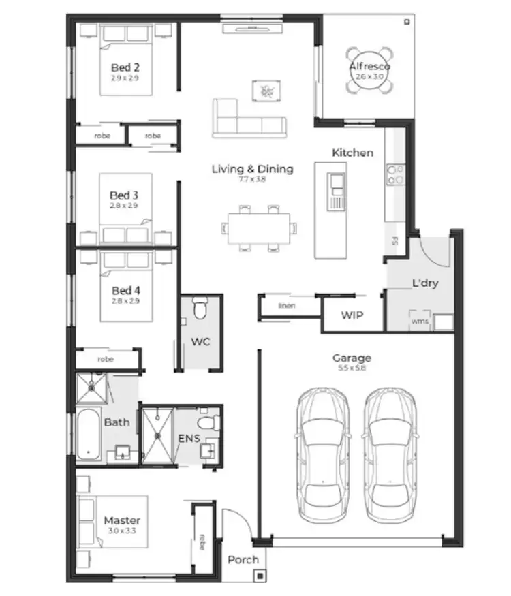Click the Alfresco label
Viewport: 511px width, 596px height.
[x=369, y=66]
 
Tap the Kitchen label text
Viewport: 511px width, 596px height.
[x=352, y=153]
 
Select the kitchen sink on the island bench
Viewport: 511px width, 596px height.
[x=337, y=182]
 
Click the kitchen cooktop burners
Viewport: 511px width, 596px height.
[x=394, y=174]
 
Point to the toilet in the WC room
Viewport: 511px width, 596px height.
[x=200, y=311]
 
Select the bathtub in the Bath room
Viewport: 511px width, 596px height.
[x=89, y=434]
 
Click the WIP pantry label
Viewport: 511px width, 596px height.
[x=352, y=315]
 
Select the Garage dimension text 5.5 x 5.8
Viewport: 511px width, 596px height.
[x=352, y=368]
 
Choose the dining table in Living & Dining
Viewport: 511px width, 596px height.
[x=262, y=227]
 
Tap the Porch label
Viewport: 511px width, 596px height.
[x=243, y=559]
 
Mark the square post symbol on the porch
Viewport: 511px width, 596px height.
[x=259, y=576]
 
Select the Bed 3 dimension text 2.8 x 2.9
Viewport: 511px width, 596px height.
[x=125, y=205]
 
